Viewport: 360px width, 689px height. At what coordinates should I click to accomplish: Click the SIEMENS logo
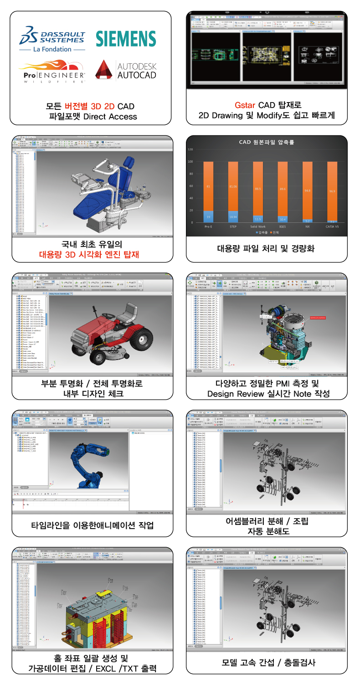click(x=126, y=39)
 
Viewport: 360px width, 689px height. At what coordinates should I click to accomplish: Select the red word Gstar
click(x=245, y=105)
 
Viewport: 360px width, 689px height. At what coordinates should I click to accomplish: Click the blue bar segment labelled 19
click(x=208, y=216)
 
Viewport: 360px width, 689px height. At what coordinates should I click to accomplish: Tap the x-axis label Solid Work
click(x=257, y=226)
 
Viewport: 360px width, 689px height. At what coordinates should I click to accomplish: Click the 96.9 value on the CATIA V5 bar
click(x=333, y=191)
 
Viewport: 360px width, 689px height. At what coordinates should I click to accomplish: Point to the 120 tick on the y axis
click(x=190, y=149)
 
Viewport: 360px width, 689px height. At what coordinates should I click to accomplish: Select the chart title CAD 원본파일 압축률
click(x=267, y=142)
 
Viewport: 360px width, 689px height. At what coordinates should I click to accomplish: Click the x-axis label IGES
click(x=283, y=226)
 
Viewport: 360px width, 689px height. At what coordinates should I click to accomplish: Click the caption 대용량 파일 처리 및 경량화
click(x=266, y=249)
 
